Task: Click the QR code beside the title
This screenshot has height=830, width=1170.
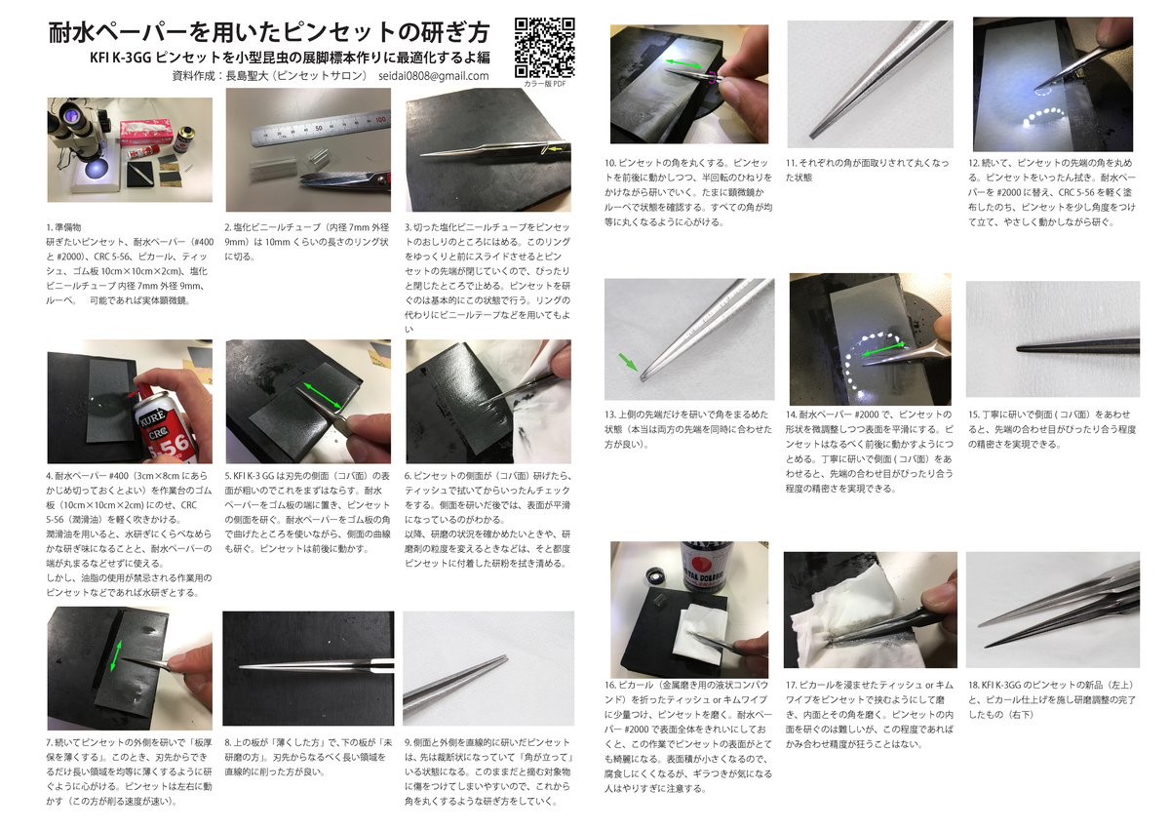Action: (x=545, y=48)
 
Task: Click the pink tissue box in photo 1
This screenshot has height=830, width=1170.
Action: (x=146, y=132)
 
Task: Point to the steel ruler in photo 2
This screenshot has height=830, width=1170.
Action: (x=320, y=127)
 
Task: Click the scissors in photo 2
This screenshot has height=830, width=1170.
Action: (x=346, y=181)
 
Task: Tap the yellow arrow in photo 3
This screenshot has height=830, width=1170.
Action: (x=555, y=149)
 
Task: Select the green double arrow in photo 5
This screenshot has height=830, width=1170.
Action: (x=323, y=396)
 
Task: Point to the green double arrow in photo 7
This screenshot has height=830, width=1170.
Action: (x=116, y=656)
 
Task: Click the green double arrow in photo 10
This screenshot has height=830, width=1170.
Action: (x=683, y=63)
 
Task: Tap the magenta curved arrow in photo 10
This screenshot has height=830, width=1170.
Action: (x=711, y=77)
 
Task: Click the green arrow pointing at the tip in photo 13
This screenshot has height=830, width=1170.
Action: (x=628, y=362)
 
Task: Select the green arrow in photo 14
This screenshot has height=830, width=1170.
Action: (x=882, y=348)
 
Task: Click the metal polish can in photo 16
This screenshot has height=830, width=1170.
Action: (x=705, y=567)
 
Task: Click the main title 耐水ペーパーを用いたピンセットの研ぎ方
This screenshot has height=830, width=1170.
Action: (x=269, y=32)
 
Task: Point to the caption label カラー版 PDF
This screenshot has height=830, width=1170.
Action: (x=545, y=84)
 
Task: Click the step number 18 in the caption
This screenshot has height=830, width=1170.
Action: (x=973, y=685)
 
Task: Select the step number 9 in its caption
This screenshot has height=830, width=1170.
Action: (x=408, y=742)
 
